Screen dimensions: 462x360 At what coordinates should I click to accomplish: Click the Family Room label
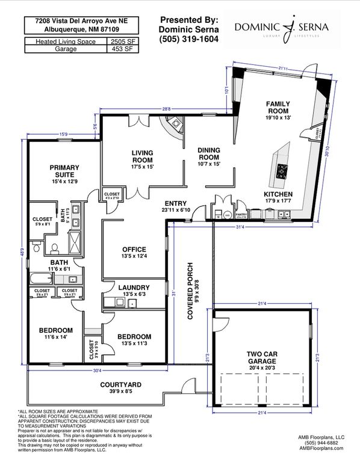pos(278,107)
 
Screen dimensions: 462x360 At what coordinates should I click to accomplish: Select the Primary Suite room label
pos(64,171)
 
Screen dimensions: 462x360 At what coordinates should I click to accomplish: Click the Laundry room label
pos(134,288)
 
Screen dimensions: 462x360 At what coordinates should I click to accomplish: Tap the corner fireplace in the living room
pos(172,129)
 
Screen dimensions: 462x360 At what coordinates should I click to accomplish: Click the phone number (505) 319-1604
pos(188,40)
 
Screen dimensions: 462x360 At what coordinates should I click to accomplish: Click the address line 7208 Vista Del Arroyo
pos(76,20)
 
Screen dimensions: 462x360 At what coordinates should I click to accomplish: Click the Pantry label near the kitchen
pos(241,214)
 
